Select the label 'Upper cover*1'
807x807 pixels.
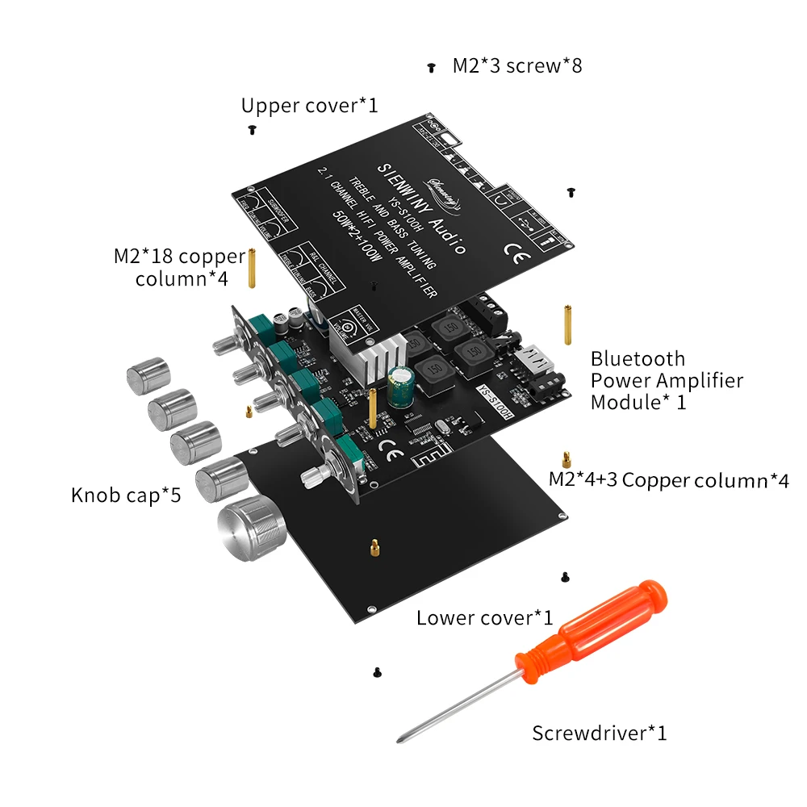pos(309,106)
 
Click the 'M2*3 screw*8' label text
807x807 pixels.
pos(516,66)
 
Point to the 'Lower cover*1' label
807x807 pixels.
pos(484,618)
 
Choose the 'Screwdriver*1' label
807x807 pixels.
pos(599,734)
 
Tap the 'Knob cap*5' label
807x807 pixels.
pos(125,495)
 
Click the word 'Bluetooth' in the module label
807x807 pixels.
pos(638,359)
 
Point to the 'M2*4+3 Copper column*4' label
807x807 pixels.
pos(668,480)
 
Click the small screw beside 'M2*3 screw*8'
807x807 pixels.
pos(432,68)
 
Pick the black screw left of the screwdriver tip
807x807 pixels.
pos(376,671)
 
